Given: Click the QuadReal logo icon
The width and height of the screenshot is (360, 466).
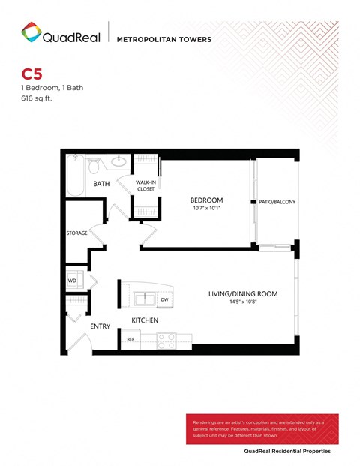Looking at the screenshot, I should pyautogui.click(x=31, y=32).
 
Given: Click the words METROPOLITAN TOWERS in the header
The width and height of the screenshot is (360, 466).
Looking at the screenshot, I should pyautogui.click(x=164, y=39).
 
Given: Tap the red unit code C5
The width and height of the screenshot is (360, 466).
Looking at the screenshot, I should pyautogui.click(x=31, y=74).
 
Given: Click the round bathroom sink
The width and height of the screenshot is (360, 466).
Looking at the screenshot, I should pyautogui.click(x=118, y=161).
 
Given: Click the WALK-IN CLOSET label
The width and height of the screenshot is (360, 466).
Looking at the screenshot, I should pyautogui.click(x=145, y=185).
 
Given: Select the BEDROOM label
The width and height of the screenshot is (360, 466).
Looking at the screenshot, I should pyautogui.click(x=204, y=200).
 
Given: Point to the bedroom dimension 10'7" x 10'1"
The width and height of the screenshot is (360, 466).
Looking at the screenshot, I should pyautogui.click(x=204, y=209).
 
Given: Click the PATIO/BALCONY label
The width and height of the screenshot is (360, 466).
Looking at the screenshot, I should pyautogui.click(x=277, y=202).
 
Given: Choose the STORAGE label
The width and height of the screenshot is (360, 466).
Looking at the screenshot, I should pyautogui.click(x=76, y=233).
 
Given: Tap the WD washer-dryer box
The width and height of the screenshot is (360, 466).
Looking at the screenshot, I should pyautogui.click(x=73, y=281).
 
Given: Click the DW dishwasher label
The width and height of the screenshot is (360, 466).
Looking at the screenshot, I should pyautogui.click(x=163, y=299).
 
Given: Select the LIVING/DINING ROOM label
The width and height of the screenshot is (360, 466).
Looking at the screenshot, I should pyautogui.click(x=243, y=293).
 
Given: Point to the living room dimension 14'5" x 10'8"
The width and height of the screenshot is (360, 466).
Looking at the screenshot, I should pyautogui.click(x=243, y=302).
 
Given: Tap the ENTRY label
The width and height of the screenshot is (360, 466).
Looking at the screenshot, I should pyautogui.click(x=100, y=326).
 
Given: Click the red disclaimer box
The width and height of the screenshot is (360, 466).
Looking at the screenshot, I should pyautogui.click(x=262, y=429).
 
